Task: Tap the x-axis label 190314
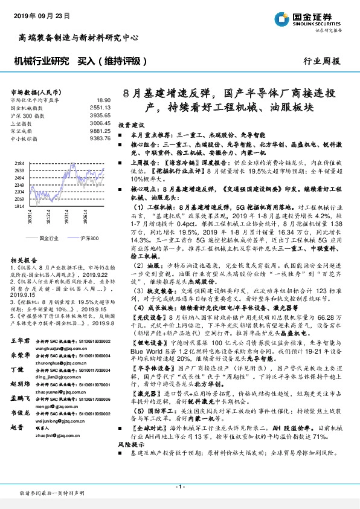click(x=66, y=217)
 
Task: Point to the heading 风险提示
click(x=128, y=461)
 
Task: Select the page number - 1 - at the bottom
click(x=179, y=487)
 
